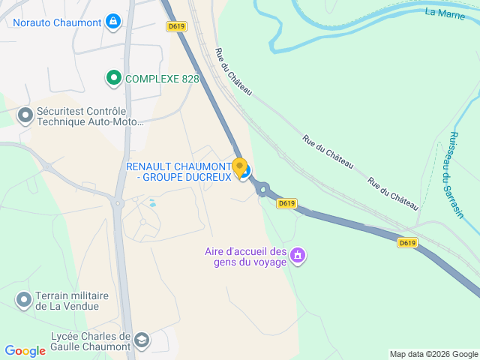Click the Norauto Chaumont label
pyautogui.click(x=56, y=22)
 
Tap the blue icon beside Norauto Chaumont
pyautogui.click(x=112, y=22)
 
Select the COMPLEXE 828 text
pyautogui.click(x=162, y=78)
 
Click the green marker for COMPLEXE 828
pyautogui.click(x=113, y=77)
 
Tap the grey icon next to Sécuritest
pyautogui.click(x=25, y=116)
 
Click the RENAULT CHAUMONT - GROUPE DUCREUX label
pyautogui.click(x=178, y=171)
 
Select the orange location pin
pyautogui.click(x=240, y=167)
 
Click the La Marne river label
pyautogui.click(x=445, y=12)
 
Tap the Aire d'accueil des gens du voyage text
pyautogui.click(x=246, y=256)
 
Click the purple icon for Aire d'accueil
pyautogui.click(x=298, y=256)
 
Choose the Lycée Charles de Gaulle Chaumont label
pyautogui.click(x=91, y=341)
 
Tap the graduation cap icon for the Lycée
pyautogui.click(x=141, y=341)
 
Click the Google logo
pyautogui.click(x=25, y=350)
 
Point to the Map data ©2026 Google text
pyautogui.click(x=433, y=354)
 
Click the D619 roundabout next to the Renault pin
pyautogui.click(x=263, y=190)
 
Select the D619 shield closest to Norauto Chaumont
pyautogui.click(x=177, y=26)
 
